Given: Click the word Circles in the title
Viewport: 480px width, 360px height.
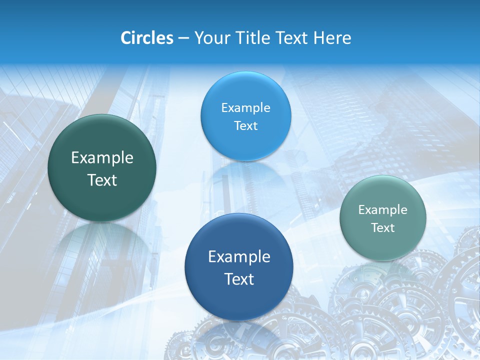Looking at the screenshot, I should tap(146, 38).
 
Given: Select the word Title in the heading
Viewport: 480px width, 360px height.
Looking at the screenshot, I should tap(253, 38).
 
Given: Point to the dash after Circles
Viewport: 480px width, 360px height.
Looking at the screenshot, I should tap(183, 38).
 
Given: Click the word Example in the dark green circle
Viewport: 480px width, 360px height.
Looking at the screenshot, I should tap(102, 158).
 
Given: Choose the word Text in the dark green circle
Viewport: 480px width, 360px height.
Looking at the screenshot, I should tap(102, 180).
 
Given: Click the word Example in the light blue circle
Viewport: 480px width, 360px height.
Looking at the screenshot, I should tap(245, 107).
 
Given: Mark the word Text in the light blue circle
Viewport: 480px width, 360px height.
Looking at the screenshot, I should tap(245, 125).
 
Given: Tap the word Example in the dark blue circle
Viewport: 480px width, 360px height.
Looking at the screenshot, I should tap(239, 257).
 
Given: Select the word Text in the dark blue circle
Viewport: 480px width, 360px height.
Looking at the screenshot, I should tap(239, 279).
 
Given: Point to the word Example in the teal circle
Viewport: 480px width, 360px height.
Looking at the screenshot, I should tap(383, 209).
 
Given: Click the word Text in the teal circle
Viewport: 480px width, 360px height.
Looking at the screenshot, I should tap(383, 227).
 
